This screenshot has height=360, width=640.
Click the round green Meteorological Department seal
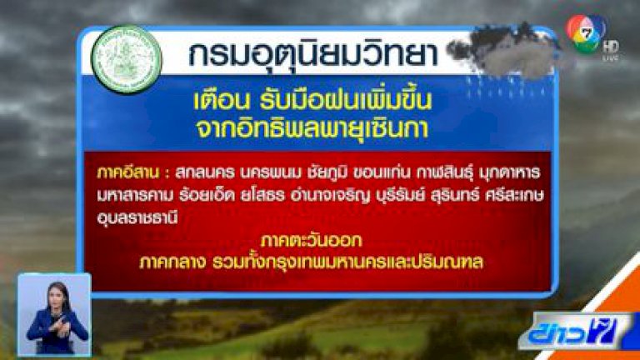127,60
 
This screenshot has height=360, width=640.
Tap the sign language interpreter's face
58,293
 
